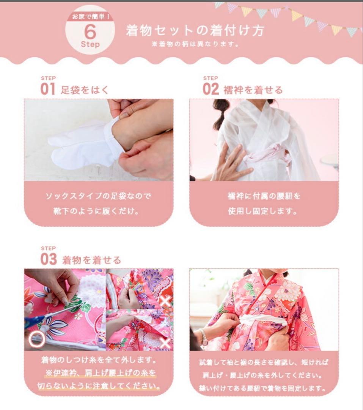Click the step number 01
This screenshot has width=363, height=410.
coord(48,90)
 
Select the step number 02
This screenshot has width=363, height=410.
coord(211,90)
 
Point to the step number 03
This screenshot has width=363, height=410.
coord(48,260)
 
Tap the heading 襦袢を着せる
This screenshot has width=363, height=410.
coord(253,90)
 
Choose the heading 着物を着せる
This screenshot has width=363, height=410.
coord(91,260)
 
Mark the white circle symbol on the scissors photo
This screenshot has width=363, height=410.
coord(36,339)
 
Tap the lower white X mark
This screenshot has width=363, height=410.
coord(165,342)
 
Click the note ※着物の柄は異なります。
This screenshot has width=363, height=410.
coord(195,44)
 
